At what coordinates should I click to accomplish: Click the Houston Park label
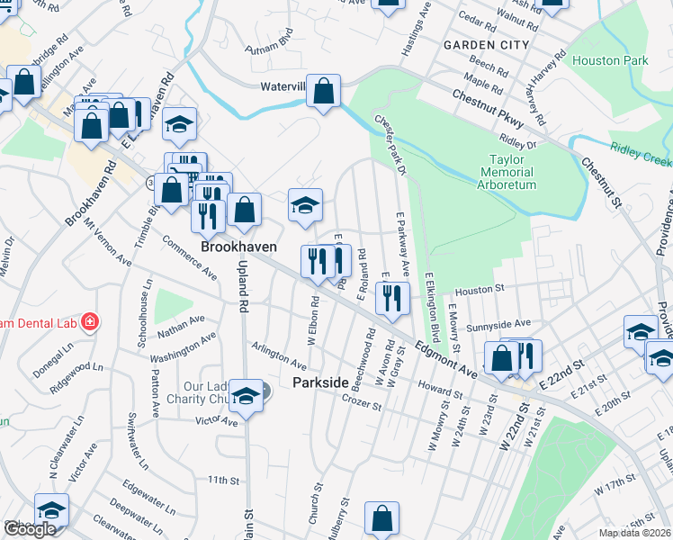[609, 61]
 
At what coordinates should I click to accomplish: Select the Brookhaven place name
[238, 247]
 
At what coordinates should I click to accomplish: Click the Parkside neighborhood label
[319, 382]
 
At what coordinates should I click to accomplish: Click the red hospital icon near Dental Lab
[89, 321]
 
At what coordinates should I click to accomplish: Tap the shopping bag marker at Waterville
[325, 91]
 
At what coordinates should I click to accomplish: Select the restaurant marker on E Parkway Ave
[391, 298]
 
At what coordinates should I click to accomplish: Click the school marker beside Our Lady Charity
[245, 394]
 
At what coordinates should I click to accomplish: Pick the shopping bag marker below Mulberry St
[381, 518]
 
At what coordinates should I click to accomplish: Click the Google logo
[30, 529]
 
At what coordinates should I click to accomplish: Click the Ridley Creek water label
[640, 152]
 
